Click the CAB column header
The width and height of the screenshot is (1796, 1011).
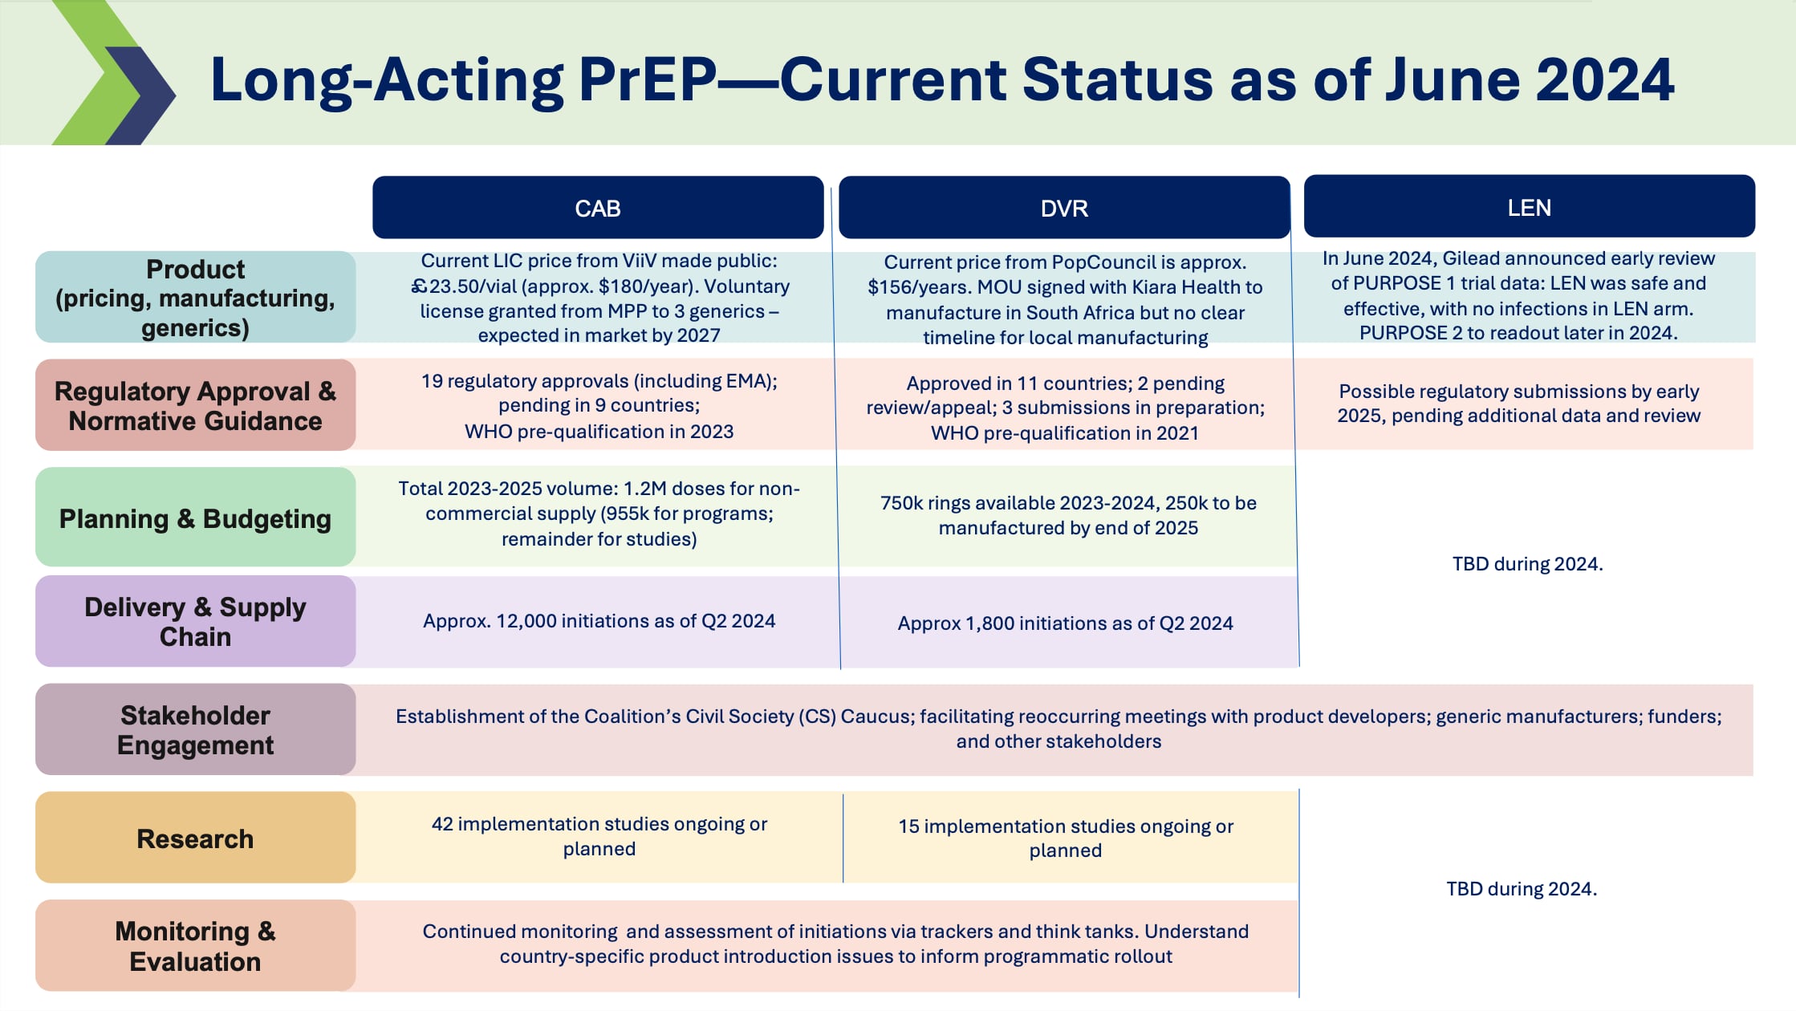point(598,208)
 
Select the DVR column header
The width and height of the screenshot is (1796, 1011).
point(1064,208)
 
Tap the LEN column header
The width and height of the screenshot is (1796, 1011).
point(1529,207)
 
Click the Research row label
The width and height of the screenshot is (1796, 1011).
point(195,838)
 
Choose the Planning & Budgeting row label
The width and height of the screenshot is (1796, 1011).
point(195,518)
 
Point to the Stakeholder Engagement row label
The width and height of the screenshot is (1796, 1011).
point(195,729)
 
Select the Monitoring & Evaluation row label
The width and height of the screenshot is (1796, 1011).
point(195,945)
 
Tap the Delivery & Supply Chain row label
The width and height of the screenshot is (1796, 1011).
point(195,621)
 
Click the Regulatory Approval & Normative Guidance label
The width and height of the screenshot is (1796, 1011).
point(195,405)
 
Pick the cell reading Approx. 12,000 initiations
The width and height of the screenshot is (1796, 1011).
point(599,621)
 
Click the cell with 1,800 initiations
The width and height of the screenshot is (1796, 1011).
point(1065,623)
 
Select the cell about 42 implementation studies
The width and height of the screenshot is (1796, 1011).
point(599,836)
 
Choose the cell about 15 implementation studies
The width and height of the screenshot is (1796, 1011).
point(1065,838)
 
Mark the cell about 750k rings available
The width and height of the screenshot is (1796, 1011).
point(1067,515)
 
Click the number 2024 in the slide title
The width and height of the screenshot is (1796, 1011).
point(1604,79)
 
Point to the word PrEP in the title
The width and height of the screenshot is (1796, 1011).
point(647,79)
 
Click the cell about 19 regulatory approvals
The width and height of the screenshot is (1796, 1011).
point(599,405)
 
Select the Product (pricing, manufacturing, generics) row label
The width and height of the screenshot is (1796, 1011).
point(195,298)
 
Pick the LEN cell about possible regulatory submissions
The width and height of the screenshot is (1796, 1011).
point(1518,403)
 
